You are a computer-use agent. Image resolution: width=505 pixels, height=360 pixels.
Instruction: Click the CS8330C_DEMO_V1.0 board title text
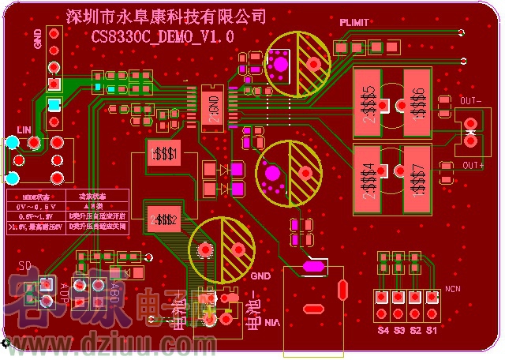[x=163, y=37]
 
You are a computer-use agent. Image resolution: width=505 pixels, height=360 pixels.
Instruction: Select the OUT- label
[x=471, y=101]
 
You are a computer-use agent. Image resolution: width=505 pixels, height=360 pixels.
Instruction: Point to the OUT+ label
[x=473, y=164]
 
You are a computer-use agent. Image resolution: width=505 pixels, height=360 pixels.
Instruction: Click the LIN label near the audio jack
[x=24, y=129]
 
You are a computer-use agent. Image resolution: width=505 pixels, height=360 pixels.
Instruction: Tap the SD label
[x=24, y=265]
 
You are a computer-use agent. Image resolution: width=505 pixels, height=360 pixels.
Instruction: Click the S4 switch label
[x=383, y=330]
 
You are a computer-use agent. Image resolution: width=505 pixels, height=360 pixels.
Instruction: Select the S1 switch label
[x=432, y=330]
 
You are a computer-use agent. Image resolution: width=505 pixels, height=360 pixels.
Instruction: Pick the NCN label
[x=453, y=289]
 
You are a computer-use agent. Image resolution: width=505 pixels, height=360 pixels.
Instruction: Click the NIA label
[x=272, y=323]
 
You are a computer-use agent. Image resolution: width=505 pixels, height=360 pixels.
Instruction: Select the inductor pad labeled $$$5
[x=368, y=104]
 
